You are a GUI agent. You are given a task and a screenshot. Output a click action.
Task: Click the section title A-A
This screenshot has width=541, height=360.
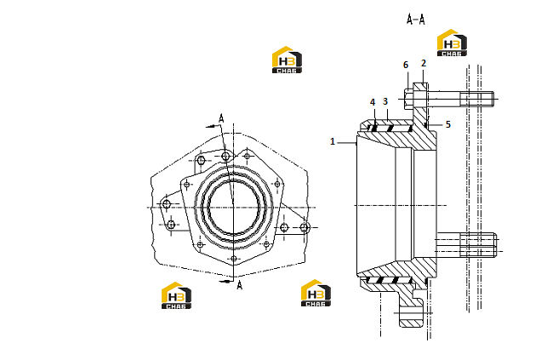pyautogui.click(x=416, y=20)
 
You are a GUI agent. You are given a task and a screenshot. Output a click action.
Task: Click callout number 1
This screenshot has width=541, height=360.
pyautogui.click(x=333, y=141)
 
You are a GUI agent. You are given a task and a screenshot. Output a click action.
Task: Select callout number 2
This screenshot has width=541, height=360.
pyautogui.click(x=424, y=63)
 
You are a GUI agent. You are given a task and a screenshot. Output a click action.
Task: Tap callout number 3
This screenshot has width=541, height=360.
pyautogui.click(x=385, y=101)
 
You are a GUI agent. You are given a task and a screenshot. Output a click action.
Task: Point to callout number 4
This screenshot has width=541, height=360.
pyautogui.click(x=373, y=102)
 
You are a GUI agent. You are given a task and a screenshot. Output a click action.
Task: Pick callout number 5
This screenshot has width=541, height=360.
pyautogui.click(x=447, y=124)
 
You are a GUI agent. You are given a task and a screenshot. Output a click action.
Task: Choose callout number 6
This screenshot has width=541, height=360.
pyautogui.click(x=406, y=65)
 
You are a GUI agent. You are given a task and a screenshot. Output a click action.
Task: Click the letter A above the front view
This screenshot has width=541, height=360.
pyautogui.click(x=221, y=119)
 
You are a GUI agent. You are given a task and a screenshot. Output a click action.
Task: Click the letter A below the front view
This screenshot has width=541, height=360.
pyautogui.click(x=239, y=285)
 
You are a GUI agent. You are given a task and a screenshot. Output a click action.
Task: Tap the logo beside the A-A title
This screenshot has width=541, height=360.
pyautogui.click(x=452, y=43)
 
